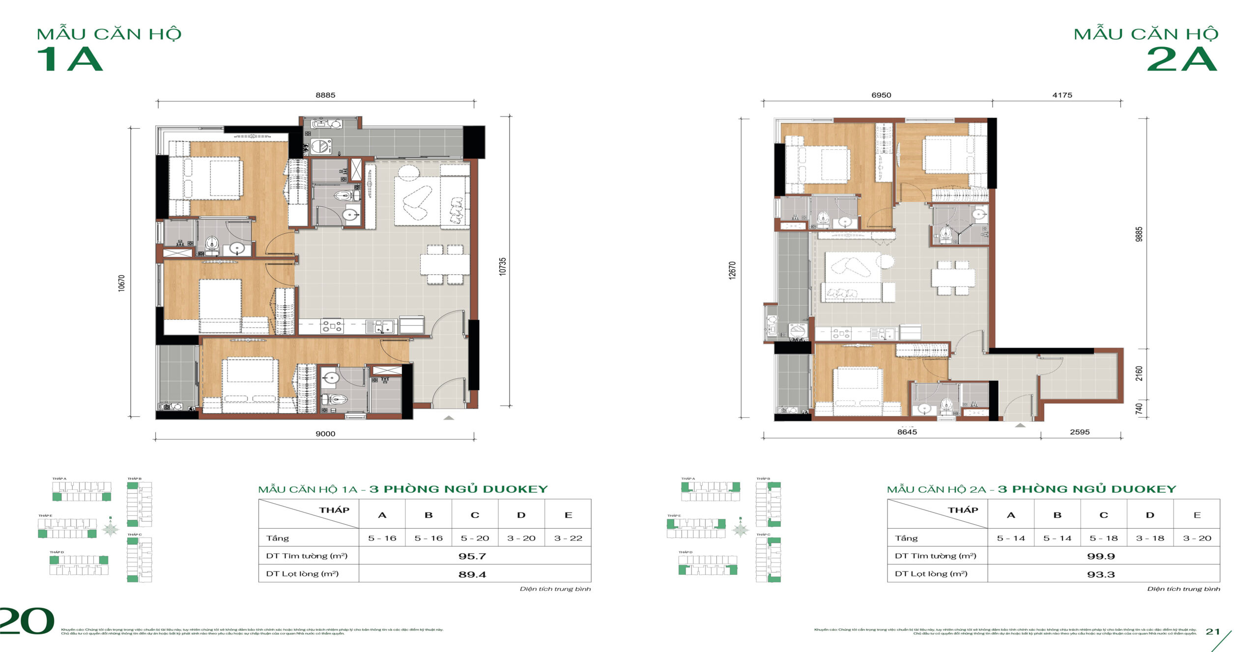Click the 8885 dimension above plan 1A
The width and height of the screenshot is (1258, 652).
(x=325, y=95)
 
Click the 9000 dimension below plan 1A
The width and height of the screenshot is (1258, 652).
(x=325, y=433)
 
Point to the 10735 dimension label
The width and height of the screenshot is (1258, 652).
(x=502, y=266)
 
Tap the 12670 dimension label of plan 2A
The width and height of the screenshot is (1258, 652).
(x=732, y=271)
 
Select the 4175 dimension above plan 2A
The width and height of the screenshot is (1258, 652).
(x=1062, y=95)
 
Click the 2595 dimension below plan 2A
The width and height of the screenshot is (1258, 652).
(x=1080, y=432)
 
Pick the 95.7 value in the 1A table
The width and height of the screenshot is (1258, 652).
(x=472, y=556)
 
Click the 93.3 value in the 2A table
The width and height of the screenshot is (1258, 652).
(x=1101, y=574)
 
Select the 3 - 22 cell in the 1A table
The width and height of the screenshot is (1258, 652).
(x=568, y=538)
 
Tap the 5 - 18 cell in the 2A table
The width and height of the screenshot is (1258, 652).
(x=1104, y=538)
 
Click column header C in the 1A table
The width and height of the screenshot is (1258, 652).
(x=475, y=515)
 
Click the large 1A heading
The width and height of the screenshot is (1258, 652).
(x=70, y=60)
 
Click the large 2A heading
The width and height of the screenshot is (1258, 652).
(x=1182, y=60)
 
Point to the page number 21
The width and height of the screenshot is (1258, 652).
(x=1213, y=631)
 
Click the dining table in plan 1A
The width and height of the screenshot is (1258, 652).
(x=445, y=264)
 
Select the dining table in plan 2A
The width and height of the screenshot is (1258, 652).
(x=953, y=278)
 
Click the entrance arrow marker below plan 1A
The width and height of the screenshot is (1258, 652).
(x=449, y=418)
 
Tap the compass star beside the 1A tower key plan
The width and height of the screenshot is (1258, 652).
(x=111, y=529)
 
